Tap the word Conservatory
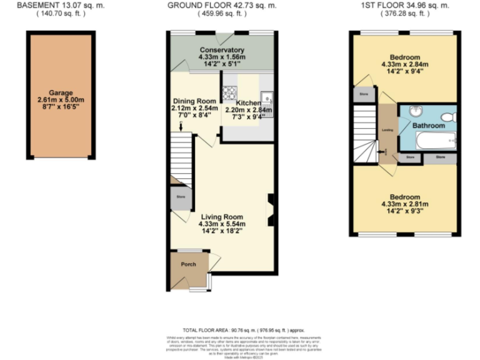[222, 50]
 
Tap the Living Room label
[222, 217]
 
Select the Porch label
[188, 264]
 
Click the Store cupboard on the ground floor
[181, 197]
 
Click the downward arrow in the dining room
[181, 127]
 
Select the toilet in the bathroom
[447, 116]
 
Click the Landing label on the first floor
[387, 130]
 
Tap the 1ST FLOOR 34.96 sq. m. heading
[406, 5]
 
